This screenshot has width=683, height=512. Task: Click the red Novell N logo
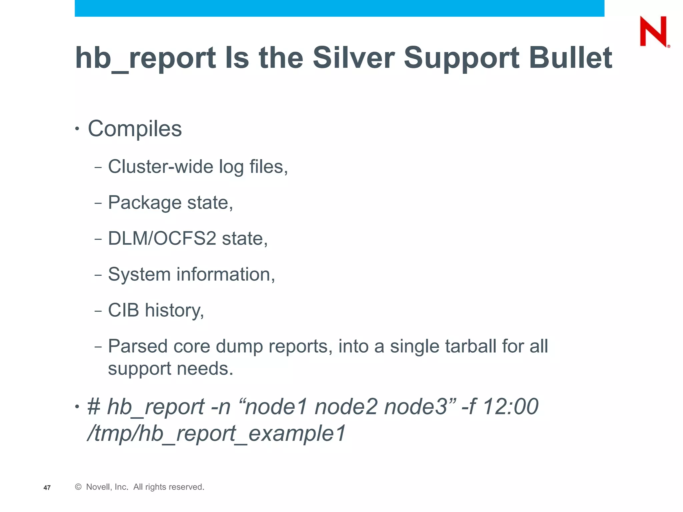coord(654,32)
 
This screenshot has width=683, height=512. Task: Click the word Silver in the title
coord(354,58)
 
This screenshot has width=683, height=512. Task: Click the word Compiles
coord(135,129)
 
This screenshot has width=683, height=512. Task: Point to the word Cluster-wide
coord(160,167)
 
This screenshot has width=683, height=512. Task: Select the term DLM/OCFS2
coord(162,239)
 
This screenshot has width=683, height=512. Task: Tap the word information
coord(225,275)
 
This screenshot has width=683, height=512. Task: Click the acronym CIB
coord(123,310)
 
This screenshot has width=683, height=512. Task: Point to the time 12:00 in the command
coord(510,407)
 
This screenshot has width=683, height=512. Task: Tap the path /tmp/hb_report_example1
coord(216,434)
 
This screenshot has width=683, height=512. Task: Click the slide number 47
coord(47,488)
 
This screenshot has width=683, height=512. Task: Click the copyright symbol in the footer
coord(78,487)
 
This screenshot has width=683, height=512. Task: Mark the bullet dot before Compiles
coord(77,129)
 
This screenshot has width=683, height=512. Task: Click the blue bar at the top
coord(339,8)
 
